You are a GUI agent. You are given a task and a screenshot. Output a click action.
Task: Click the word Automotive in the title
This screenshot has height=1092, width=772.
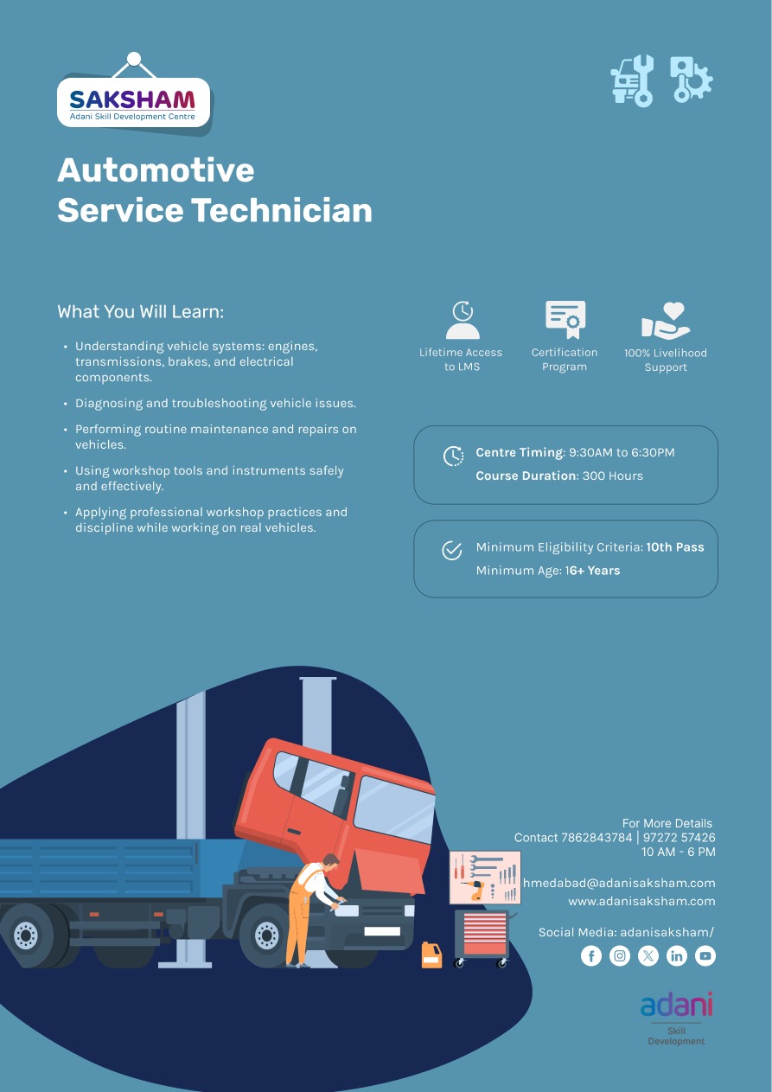pyautogui.click(x=156, y=170)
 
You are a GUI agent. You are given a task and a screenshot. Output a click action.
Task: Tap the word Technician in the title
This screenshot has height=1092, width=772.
pyautogui.click(x=281, y=210)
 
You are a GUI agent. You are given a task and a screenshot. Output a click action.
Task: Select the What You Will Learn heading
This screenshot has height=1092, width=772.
pyautogui.click(x=140, y=311)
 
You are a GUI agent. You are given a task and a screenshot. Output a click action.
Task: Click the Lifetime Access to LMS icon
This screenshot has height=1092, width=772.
pyautogui.click(x=462, y=320)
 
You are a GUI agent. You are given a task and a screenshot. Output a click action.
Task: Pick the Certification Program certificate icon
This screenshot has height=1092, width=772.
pyautogui.click(x=565, y=320)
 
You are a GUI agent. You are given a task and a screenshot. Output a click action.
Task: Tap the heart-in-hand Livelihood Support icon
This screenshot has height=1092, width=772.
pyautogui.click(x=666, y=320)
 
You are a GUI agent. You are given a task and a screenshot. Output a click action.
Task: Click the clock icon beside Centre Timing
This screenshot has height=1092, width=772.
pyautogui.click(x=453, y=457)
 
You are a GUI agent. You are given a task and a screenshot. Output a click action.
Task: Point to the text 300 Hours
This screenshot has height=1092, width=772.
pyautogui.click(x=613, y=476)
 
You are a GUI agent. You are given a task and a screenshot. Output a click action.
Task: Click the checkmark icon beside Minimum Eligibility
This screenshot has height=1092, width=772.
pyautogui.click(x=452, y=551)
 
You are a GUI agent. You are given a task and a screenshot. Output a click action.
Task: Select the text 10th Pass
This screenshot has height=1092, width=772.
pyautogui.click(x=675, y=547)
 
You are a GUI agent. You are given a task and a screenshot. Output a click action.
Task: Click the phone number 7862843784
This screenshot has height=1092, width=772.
pyautogui.click(x=597, y=838)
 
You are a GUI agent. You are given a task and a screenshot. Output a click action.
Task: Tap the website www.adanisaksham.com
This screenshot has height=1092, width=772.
pyautogui.click(x=641, y=901)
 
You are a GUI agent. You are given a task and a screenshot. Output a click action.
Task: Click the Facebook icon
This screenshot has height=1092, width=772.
pyautogui.click(x=591, y=955)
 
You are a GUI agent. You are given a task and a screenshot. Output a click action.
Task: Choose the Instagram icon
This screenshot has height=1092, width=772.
pyautogui.click(x=620, y=955)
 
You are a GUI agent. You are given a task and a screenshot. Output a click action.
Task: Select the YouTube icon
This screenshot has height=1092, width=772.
pyautogui.click(x=705, y=955)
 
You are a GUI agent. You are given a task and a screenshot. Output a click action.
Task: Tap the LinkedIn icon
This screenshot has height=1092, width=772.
pyautogui.click(x=677, y=955)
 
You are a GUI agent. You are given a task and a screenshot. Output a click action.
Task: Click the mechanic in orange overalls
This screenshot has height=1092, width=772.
pyautogui.click(x=307, y=908)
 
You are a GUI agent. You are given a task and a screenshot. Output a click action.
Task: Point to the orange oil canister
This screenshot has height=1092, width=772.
pyautogui.click(x=431, y=955)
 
